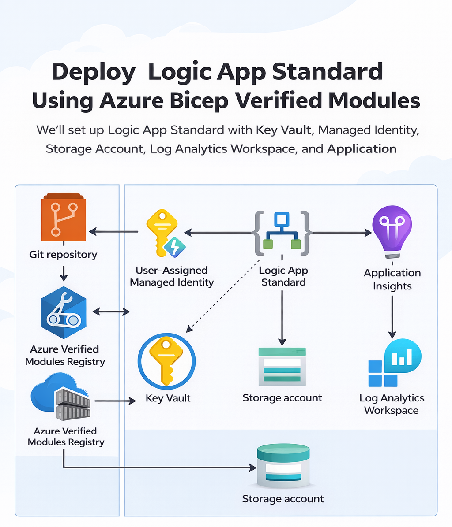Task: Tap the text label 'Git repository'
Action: coord(63,255)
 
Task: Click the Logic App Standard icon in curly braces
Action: coord(282,233)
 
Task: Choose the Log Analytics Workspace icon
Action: coord(394,363)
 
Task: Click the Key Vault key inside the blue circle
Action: coord(166,361)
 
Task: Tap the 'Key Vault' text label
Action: coord(168,398)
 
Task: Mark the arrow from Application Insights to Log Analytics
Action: coord(392,317)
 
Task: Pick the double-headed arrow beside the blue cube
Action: coord(111,312)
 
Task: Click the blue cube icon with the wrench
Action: coord(63,312)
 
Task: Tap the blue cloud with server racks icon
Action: coord(61,396)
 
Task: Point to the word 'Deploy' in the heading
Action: coord(94,72)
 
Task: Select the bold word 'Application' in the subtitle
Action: coord(362,149)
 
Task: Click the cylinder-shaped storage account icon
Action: coord(283,467)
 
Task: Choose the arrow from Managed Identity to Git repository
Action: coord(113,232)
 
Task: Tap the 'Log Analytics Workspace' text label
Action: coord(392,404)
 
